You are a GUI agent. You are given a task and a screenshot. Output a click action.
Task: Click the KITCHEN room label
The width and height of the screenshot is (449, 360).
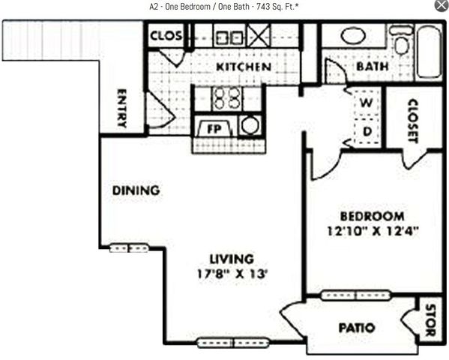(x=243, y=67)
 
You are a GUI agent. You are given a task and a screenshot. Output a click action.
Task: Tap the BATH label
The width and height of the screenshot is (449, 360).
(x=372, y=66)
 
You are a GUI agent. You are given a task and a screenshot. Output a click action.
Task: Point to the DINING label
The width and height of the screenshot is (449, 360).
(x=136, y=190)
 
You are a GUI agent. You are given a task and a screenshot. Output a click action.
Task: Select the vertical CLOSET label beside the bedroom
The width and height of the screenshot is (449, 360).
(x=413, y=121)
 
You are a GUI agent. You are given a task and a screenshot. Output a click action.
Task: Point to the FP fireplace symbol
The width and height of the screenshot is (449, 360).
(x=211, y=128)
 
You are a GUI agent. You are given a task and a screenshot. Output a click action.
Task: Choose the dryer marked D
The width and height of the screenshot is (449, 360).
(x=367, y=132)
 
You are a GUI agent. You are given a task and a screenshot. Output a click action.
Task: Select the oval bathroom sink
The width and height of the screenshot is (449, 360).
(x=352, y=35)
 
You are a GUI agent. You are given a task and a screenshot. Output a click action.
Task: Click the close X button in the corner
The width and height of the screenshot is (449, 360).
(x=441, y=6)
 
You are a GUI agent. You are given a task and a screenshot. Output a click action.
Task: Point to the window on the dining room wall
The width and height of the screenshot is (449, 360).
(x=129, y=248)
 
